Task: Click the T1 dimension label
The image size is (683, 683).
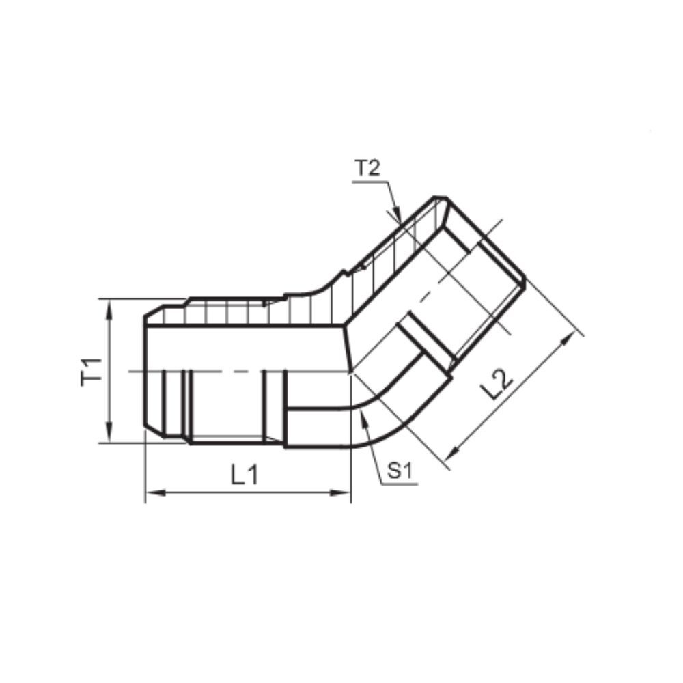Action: (91, 371)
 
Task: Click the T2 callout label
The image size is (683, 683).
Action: (367, 168)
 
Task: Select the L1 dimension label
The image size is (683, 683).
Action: (245, 475)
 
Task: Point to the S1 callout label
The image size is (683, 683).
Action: (400, 471)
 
